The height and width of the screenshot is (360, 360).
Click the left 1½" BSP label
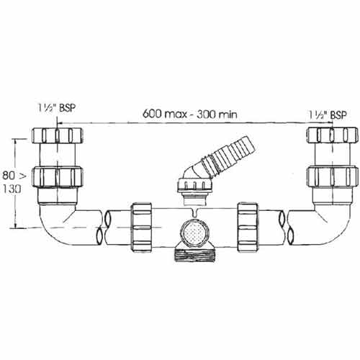(x=57, y=108)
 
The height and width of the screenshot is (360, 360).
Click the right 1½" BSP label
(x=328, y=115)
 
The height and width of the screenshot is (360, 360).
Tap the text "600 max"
(x=165, y=114)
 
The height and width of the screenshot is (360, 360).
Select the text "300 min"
(x=217, y=114)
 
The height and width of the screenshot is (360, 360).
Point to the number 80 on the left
(x=9, y=176)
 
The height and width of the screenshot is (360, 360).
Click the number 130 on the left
(x=12, y=189)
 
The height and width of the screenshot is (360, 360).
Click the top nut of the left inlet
(x=58, y=135)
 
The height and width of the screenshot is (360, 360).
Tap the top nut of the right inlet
(x=333, y=135)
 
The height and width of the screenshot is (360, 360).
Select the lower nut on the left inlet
(x=58, y=176)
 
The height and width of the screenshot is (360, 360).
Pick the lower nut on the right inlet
(x=333, y=176)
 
